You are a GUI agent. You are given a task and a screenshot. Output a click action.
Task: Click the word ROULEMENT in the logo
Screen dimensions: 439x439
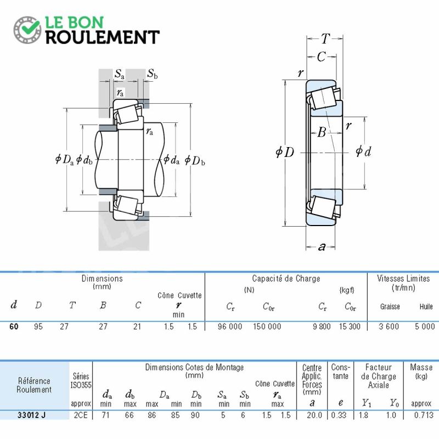(x=103, y=37)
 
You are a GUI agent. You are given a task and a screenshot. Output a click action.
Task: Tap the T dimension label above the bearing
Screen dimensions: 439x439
(x=325, y=38)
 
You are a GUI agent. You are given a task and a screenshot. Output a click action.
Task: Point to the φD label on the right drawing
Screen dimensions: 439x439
(x=285, y=152)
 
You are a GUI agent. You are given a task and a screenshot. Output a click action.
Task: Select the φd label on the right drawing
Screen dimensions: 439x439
(x=363, y=151)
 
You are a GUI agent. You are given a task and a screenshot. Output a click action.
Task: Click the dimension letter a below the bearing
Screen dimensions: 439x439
(x=322, y=246)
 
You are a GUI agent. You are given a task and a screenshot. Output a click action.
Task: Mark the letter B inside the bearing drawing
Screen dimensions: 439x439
(x=322, y=132)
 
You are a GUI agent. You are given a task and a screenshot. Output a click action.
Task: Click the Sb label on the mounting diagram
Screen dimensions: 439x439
(x=153, y=74)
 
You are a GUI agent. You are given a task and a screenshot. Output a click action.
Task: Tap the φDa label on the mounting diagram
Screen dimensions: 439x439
(x=64, y=160)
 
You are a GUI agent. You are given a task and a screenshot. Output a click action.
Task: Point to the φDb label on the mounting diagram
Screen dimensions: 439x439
(x=195, y=160)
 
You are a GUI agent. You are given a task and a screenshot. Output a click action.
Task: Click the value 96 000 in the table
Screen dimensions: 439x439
(x=230, y=327)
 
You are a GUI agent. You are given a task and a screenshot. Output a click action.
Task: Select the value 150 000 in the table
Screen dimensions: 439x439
(x=267, y=327)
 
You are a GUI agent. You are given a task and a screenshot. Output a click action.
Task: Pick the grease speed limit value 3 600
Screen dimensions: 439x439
(x=389, y=327)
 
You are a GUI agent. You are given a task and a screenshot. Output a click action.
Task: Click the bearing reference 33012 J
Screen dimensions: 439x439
(x=31, y=415)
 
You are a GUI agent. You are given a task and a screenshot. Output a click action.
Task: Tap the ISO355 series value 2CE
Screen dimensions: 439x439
(x=81, y=415)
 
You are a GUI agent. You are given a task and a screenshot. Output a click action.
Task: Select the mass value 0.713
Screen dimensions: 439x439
(x=424, y=415)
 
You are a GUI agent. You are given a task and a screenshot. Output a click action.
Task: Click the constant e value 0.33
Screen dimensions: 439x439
(x=339, y=415)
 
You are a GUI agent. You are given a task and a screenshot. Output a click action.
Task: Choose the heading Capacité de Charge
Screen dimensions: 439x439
(x=286, y=279)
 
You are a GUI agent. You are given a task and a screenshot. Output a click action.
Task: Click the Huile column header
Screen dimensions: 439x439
(x=426, y=307)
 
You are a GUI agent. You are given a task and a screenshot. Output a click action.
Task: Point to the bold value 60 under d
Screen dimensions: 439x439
(x=14, y=327)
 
